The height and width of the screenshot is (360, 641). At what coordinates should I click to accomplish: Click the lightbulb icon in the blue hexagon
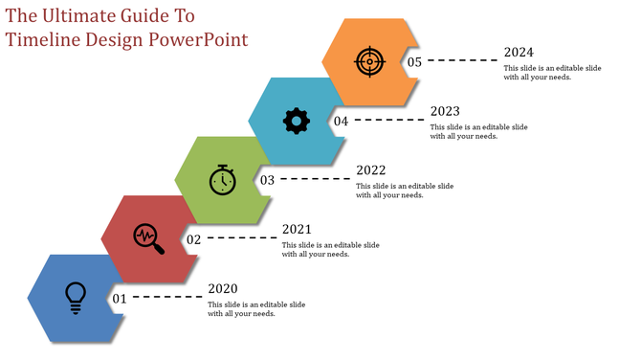tap(74, 297)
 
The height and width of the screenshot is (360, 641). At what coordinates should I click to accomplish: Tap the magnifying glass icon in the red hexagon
tap(148, 238)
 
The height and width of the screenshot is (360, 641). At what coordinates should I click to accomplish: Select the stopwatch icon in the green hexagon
tap(222, 179)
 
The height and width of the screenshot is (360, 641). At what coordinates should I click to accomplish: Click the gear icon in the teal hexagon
tap(296, 120)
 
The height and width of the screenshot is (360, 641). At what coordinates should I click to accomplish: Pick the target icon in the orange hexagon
tap(369, 61)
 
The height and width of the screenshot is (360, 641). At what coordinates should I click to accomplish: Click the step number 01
tap(120, 299)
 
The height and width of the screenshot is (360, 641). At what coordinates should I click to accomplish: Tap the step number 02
tap(193, 239)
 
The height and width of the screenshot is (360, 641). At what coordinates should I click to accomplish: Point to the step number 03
tap(267, 180)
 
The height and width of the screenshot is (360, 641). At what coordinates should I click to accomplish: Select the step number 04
tap(341, 121)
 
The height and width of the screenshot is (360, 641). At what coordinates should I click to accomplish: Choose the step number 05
tap(414, 61)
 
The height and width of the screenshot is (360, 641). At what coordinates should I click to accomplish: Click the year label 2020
tap(223, 288)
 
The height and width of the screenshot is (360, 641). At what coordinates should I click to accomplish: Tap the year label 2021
tap(297, 230)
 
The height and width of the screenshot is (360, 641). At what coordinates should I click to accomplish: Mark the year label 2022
tap(370, 170)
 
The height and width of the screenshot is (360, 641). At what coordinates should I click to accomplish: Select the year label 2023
tap(445, 111)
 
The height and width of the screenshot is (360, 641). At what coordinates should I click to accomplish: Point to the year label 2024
tap(519, 53)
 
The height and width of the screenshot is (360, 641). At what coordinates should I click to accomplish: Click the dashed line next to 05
tap(461, 60)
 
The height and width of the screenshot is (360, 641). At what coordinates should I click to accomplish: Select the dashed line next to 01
tap(166, 298)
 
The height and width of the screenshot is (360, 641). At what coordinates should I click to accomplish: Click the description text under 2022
tap(404, 191)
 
